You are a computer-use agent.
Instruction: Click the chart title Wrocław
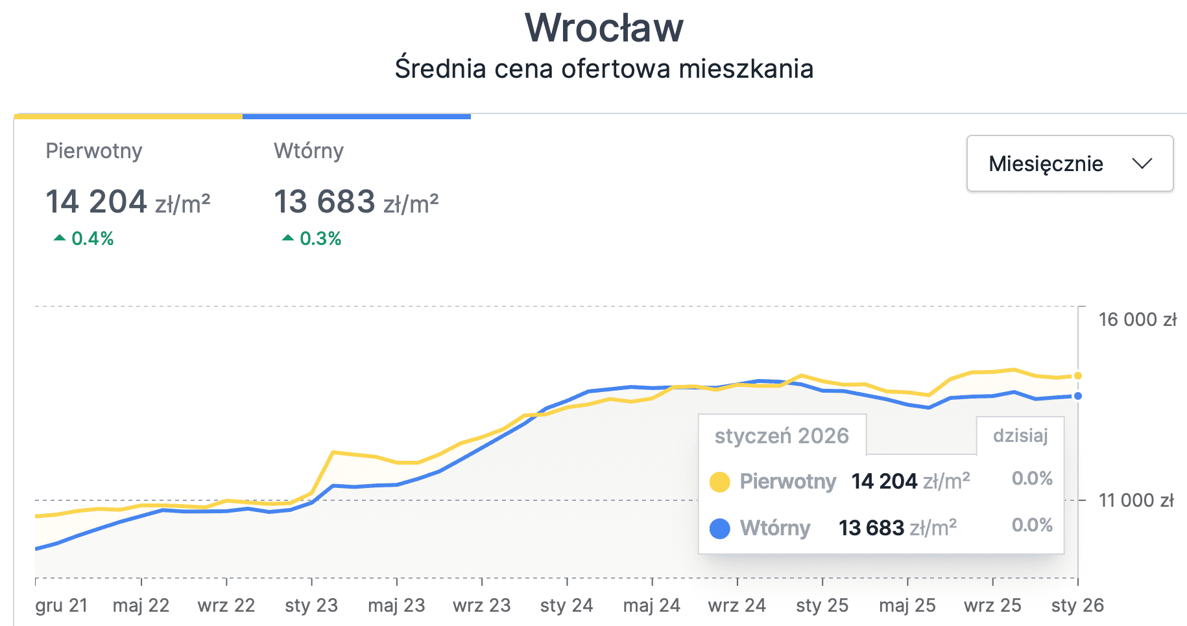604,28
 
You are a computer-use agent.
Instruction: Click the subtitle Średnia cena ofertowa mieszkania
604,69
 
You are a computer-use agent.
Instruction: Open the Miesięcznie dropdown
1070,163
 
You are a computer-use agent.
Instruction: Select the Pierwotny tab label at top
94,151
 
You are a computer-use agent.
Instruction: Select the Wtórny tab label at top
309,151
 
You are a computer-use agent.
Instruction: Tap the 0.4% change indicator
84,238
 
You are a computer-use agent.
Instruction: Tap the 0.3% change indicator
313,238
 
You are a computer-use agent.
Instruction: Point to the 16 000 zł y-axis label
1137,319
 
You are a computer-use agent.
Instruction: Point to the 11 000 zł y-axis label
1136,500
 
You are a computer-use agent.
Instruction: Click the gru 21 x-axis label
61,605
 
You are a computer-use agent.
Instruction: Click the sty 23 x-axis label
311,605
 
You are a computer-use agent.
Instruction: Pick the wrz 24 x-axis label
737,605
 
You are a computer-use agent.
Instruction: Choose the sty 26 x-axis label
1077,605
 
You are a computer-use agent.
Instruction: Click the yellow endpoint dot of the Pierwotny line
1077,376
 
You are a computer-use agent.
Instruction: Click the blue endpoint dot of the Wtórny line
1077,396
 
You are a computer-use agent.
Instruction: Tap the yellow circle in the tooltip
720,482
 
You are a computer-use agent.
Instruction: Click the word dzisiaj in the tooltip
1020,435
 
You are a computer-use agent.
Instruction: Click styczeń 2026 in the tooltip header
782,435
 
